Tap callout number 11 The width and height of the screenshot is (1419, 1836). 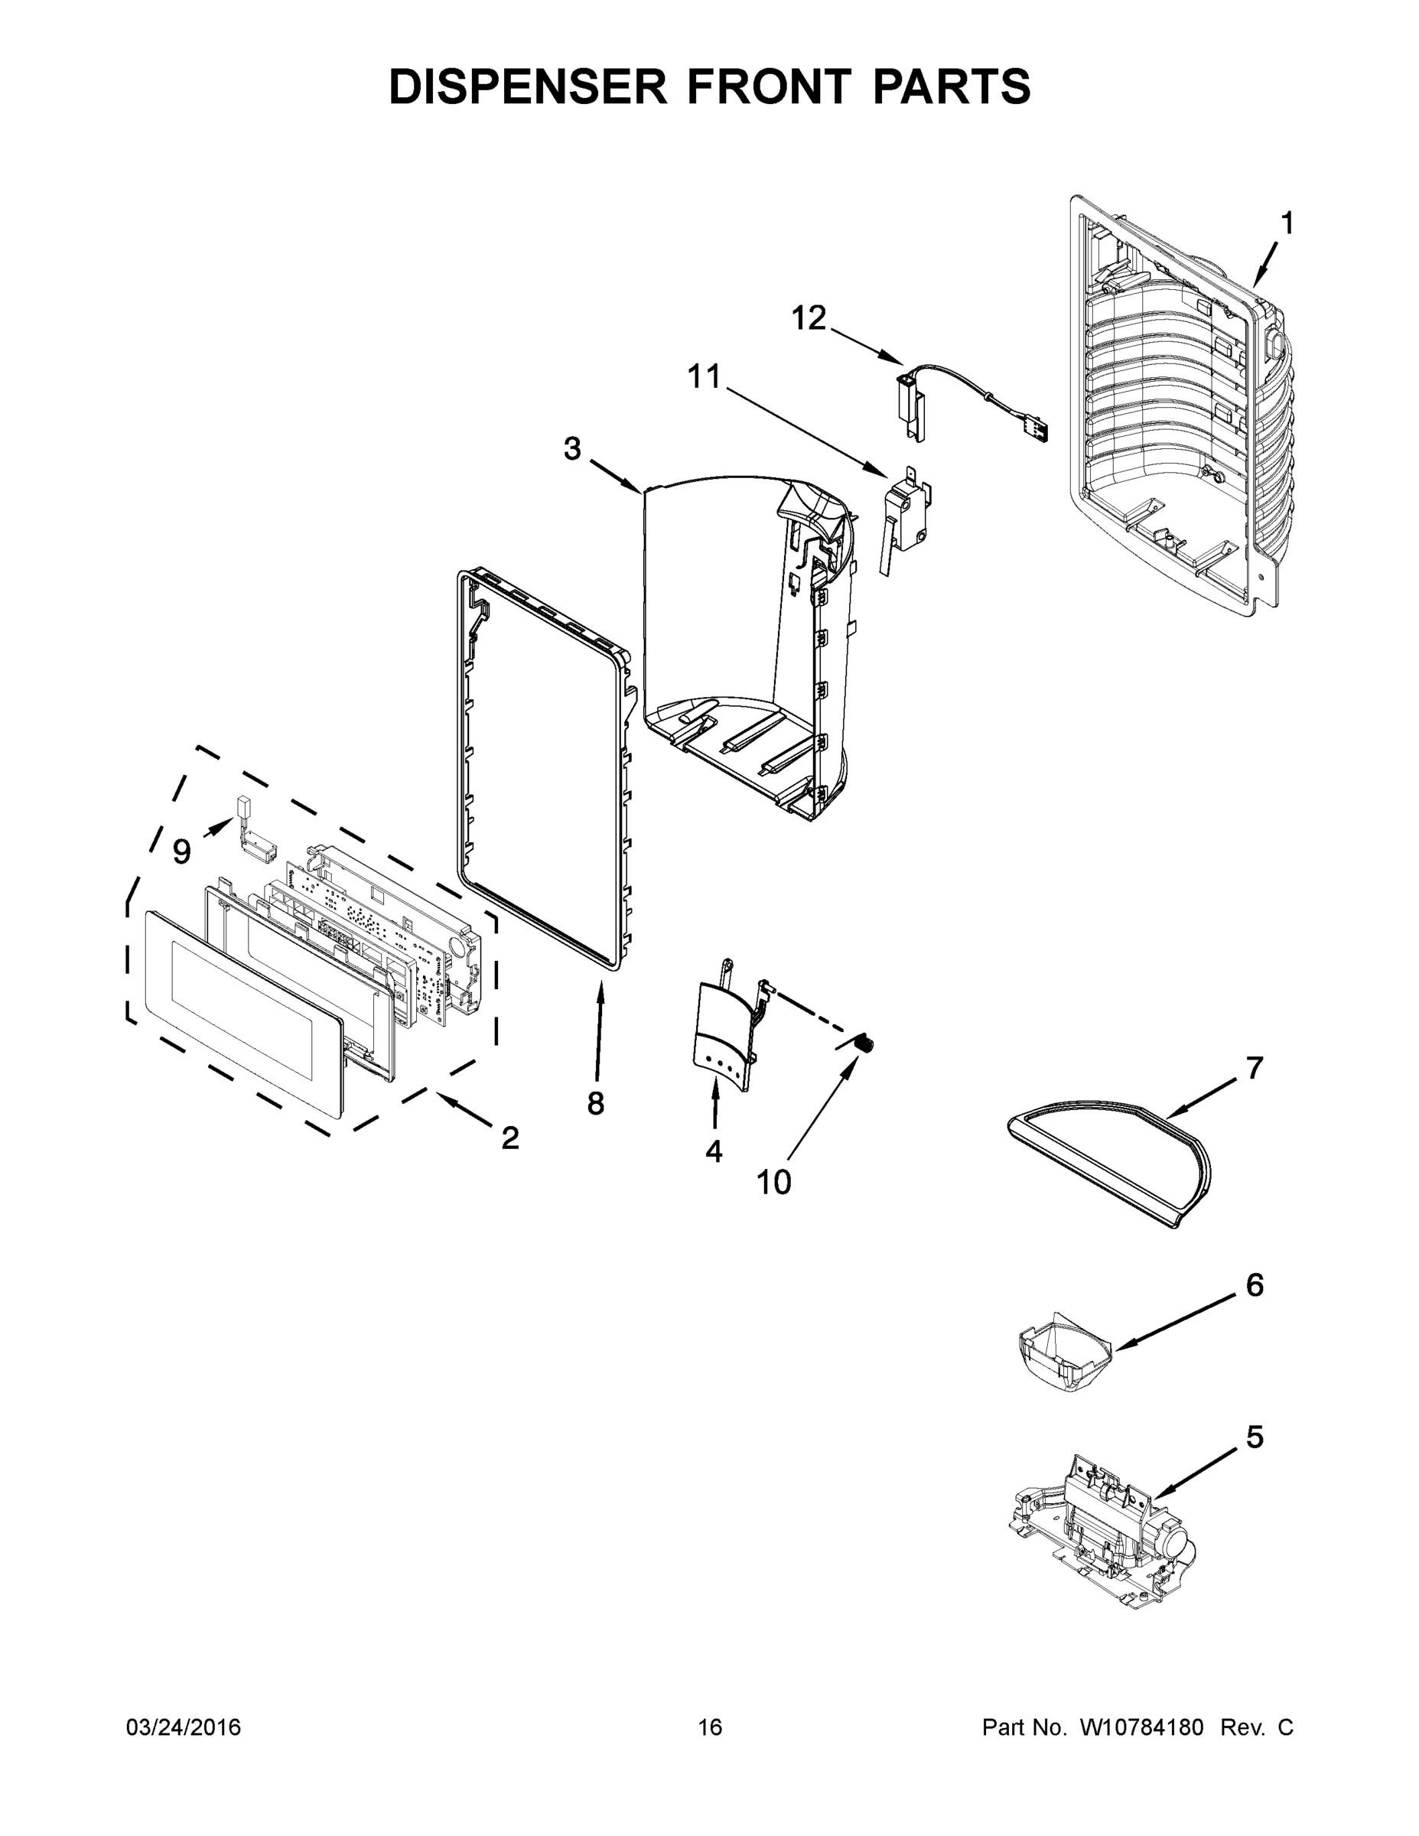(705, 376)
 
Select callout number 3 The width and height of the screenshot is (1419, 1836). (571, 449)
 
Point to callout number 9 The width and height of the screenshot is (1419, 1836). (181, 852)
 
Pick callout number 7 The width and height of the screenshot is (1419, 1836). (1255, 1069)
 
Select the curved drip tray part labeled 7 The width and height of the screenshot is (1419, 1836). (1110, 1160)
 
